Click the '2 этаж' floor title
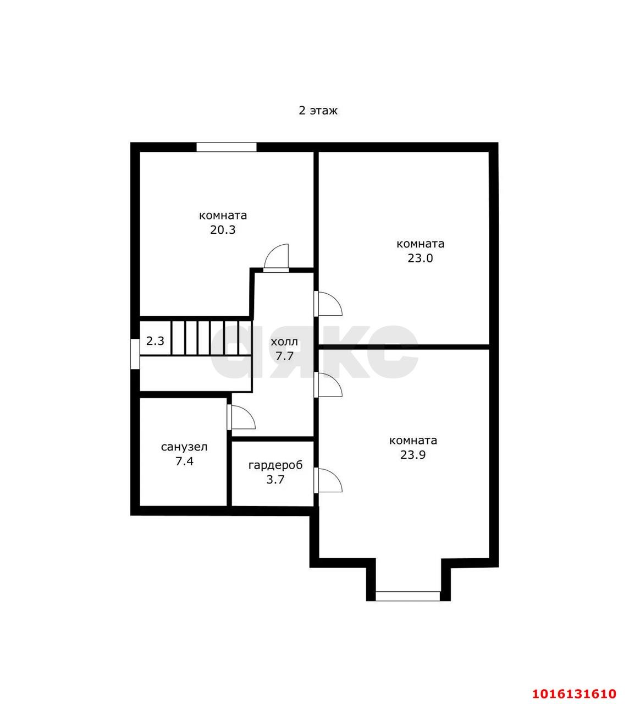(318, 111)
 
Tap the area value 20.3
(223, 230)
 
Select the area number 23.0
(420, 258)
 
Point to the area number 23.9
(412, 455)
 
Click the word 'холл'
(284, 342)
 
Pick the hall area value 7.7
(284, 356)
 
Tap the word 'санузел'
(184, 447)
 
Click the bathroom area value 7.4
(184, 461)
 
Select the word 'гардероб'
(275, 465)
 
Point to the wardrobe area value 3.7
(275, 480)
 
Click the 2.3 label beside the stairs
(155, 341)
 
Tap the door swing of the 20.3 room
(277, 257)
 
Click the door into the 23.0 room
(328, 304)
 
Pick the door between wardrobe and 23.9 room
(328, 480)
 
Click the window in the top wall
(227, 147)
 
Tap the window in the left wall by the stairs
(135, 354)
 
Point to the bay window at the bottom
(408, 596)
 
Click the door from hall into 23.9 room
(328, 385)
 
